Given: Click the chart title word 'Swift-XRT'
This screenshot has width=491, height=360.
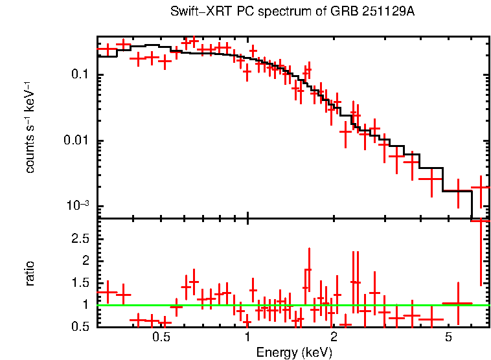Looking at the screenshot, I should [x=194, y=12].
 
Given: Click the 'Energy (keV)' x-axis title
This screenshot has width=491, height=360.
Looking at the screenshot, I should [x=294, y=352].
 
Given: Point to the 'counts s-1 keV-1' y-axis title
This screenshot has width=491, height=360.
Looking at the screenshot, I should [x=30, y=127].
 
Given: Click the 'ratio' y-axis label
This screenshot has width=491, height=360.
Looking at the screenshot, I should [x=30, y=273].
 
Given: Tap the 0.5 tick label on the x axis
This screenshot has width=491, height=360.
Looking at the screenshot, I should [x=161, y=339].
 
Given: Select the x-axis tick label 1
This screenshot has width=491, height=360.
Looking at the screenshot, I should [x=247, y=339].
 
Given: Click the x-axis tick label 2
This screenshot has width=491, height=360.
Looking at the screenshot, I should [x=334, y=339].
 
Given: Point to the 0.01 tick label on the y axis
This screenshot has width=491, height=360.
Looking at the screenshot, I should [x=76, y=141].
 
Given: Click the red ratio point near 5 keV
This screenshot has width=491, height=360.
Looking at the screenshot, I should [x=457, y=303].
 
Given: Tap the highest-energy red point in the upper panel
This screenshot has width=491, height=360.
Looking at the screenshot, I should [x=480, y=187].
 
